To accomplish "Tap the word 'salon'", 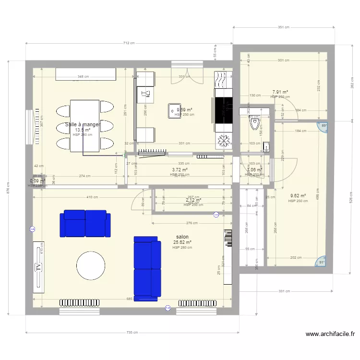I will pos(182,237).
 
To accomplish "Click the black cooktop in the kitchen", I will pos(223,109).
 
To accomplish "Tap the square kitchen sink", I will pos(174,111).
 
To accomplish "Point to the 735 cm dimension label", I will pos(132,333).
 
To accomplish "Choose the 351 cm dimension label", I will pos(284,27).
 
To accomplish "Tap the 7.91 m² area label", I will pos(280,92).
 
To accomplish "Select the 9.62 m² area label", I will pos(298,196).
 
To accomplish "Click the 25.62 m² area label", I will pos(182,242).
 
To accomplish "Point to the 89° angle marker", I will pos(324,126).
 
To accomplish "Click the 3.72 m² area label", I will pos(180,170).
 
